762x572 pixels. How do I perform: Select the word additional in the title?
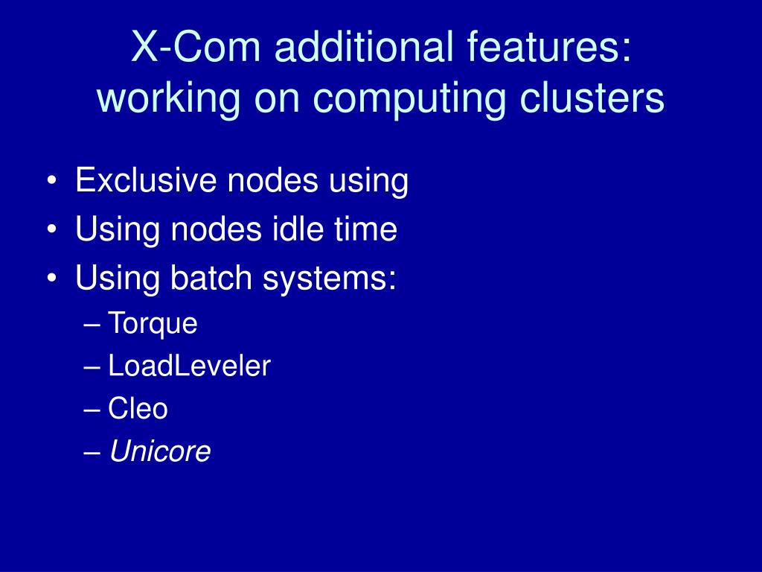click(359, 50)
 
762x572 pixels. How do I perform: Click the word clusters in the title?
click(588, 99)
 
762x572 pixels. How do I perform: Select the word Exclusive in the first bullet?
click(139, 181)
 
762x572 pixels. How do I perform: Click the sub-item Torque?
click(153, 324)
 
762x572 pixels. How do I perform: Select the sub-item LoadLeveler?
click(189, 366)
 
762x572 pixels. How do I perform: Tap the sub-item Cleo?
click(138, 409)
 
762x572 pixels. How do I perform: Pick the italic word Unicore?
click(160, 451)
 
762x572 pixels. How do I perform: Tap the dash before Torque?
click(93, 325)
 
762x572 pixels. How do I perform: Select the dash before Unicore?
click(93, 452)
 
